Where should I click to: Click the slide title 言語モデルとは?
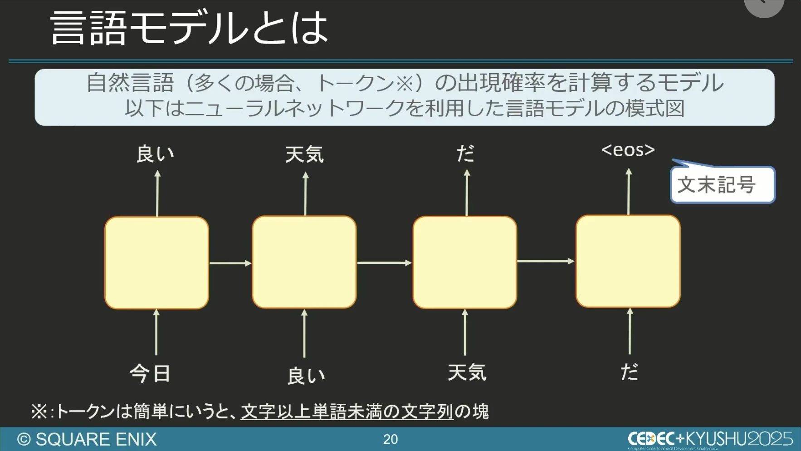click(x=189, y=28)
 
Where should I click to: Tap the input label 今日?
click(x=150, y=373)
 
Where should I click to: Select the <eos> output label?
click(x=628, y=150)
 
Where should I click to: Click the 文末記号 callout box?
click(x=722, y=185)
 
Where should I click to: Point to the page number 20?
click(x=390, y=439)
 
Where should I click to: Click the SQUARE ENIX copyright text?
click(x=87, y=439)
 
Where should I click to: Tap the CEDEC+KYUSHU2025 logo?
click(x=710, y=439)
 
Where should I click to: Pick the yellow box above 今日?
click(x=156, y=263)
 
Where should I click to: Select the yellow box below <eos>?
click(x=628, y=261)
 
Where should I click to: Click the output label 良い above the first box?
click(x=155, y=154)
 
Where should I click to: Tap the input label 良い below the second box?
click(x=306, y=376)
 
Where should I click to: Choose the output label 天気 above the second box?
click(x=304, y=154)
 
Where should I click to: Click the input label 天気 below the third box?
click(x=467, y=372)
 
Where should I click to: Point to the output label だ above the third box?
click(x=465, y=154)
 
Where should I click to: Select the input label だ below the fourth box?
click(x=629, y=372)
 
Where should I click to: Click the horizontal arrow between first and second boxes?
click(x=230, y=263)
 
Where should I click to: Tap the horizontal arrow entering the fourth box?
click(x=546, y=261)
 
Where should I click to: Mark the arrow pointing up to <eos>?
click(x=629, y=191)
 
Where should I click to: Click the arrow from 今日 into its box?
click(x=156, y=332)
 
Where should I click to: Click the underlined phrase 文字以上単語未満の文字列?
click(x=347, y=411)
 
